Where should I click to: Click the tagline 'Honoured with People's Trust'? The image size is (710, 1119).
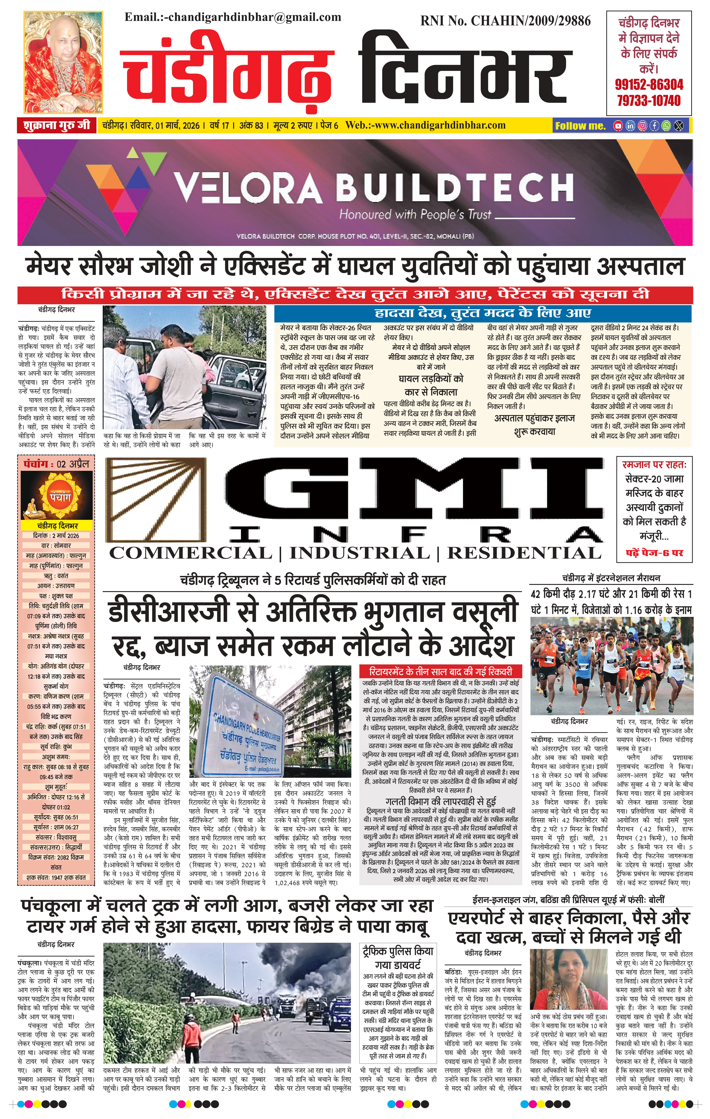[x=415, y=215]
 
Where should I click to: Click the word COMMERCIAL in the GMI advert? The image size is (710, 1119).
[x=190, y=553]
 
